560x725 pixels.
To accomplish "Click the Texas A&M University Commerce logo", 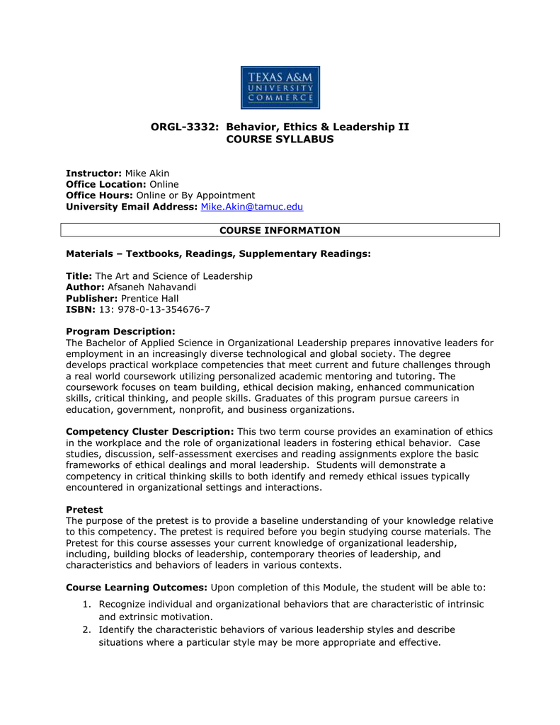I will pos(280,87).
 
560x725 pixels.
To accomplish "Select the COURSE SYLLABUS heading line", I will pos(280,139).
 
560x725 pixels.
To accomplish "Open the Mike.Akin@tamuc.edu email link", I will pos(252,207).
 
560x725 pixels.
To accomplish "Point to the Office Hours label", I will pos(99,195).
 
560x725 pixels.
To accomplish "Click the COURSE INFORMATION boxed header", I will pos(280,230).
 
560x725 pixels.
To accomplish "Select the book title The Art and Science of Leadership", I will pos(173,275).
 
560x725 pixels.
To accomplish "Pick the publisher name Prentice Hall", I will pos(149,298).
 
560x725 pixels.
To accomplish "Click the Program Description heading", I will pos(120,331).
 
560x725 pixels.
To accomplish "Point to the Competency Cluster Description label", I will pos(149,431).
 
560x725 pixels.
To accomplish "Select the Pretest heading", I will pos(84,509).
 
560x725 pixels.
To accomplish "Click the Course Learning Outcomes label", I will pos(137,587).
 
